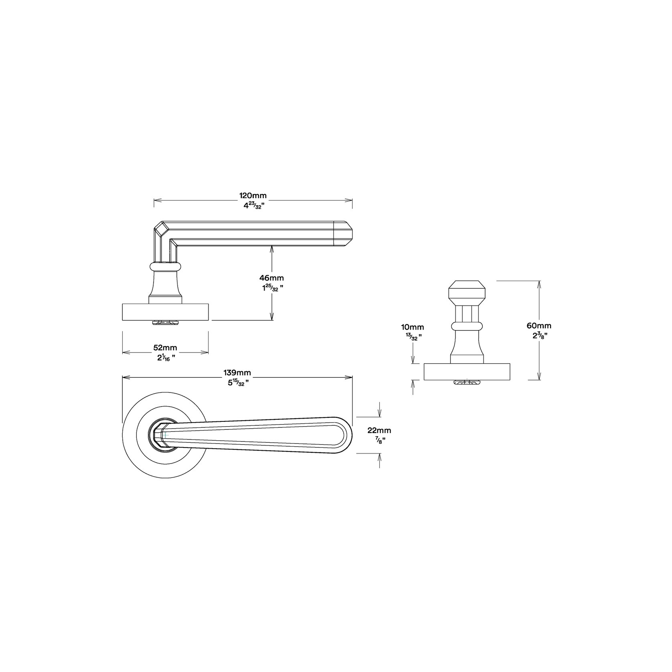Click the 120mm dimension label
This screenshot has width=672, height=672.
point(253,196)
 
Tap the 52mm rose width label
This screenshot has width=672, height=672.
point(165,347)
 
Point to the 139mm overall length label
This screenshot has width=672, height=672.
point(237,373)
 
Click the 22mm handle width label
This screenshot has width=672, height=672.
point(379,431)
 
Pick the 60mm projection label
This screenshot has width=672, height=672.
point(539,326)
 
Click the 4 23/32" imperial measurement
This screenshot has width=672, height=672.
point(253,205)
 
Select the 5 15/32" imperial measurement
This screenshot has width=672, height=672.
point(237,383)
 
